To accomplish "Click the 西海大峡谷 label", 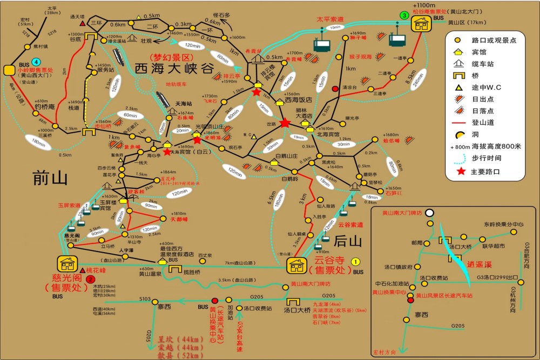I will click(174, 69).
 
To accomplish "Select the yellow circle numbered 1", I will click(355, 261).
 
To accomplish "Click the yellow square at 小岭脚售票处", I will click(9, 70).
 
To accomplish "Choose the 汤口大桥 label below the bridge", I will click(297, 310).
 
